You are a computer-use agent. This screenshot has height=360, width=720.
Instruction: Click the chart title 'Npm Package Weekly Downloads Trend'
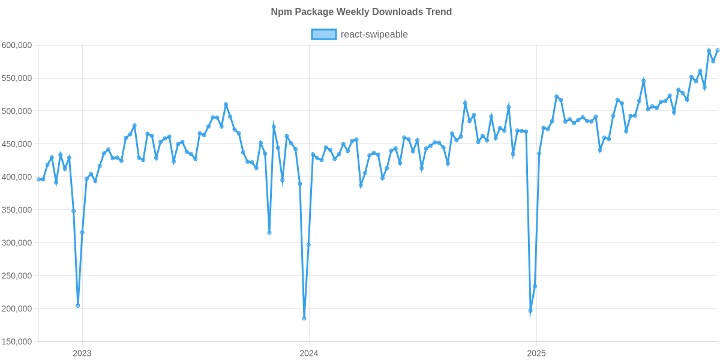click(361, 12)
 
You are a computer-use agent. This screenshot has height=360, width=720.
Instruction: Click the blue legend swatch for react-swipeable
click(323, 35)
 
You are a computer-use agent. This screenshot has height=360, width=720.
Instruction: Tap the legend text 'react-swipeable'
click(374, 35)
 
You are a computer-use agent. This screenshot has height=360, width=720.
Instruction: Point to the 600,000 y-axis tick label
click(16, 46)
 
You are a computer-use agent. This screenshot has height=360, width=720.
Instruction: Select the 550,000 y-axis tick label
click(16, 79)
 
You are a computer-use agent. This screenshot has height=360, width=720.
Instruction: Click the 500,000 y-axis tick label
click(16, 112)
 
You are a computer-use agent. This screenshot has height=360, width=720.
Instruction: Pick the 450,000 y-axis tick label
click(16, 145)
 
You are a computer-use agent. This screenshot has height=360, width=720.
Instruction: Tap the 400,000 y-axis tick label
click(16, 178)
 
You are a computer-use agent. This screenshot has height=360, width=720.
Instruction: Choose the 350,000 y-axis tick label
click(16, 211)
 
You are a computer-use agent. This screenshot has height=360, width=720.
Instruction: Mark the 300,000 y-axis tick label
click(16, 244)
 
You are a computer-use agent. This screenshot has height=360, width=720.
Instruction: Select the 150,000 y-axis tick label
click(16, 342)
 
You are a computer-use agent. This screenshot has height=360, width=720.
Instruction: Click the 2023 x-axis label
click(82, 353)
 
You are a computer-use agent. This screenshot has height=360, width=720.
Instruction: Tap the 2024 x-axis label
click(308, 353)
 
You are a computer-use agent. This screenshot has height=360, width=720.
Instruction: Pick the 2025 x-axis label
click(535, 353)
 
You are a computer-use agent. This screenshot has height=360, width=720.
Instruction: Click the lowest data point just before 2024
click(304, 318)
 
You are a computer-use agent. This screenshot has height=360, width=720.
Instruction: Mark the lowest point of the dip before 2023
click(78, 305)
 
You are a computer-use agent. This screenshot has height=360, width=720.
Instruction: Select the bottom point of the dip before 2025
click(530, 311)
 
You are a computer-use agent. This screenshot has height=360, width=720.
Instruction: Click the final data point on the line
click(718, 50)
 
